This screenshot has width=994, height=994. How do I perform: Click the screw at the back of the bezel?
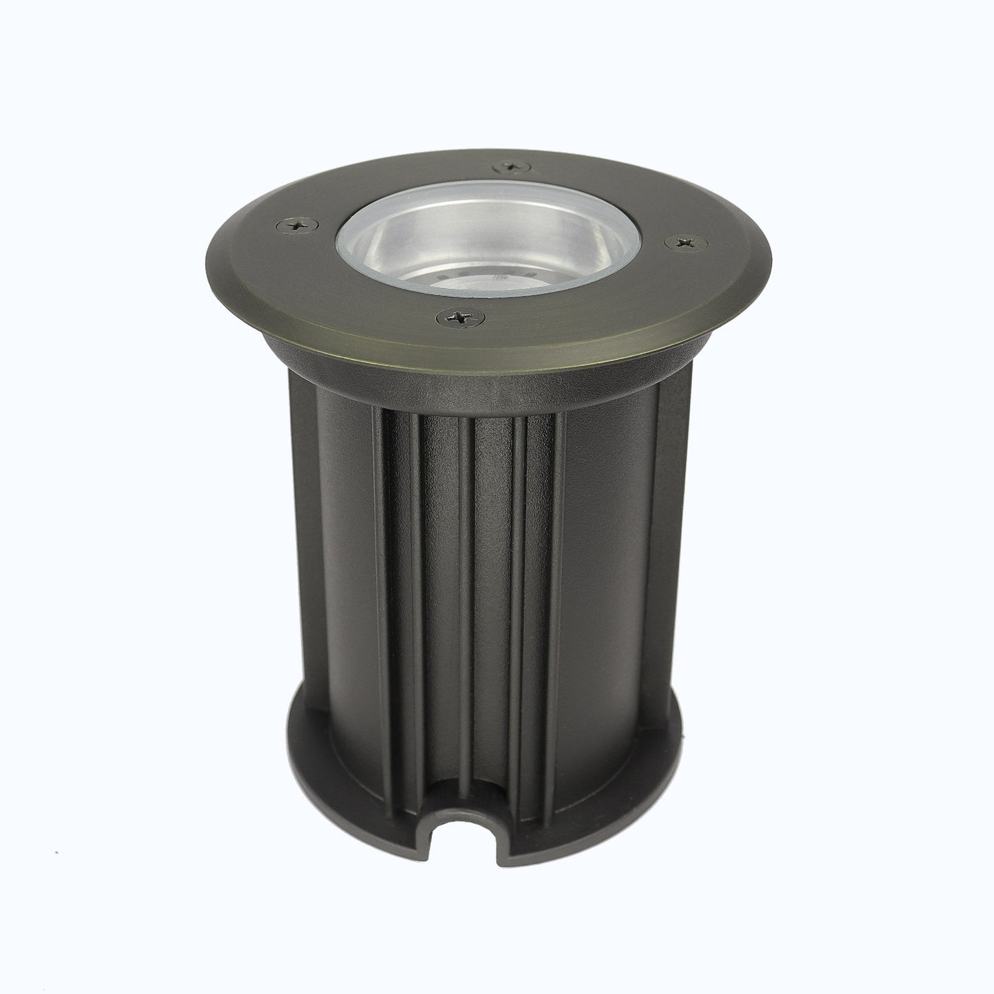[x=510, y=164]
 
